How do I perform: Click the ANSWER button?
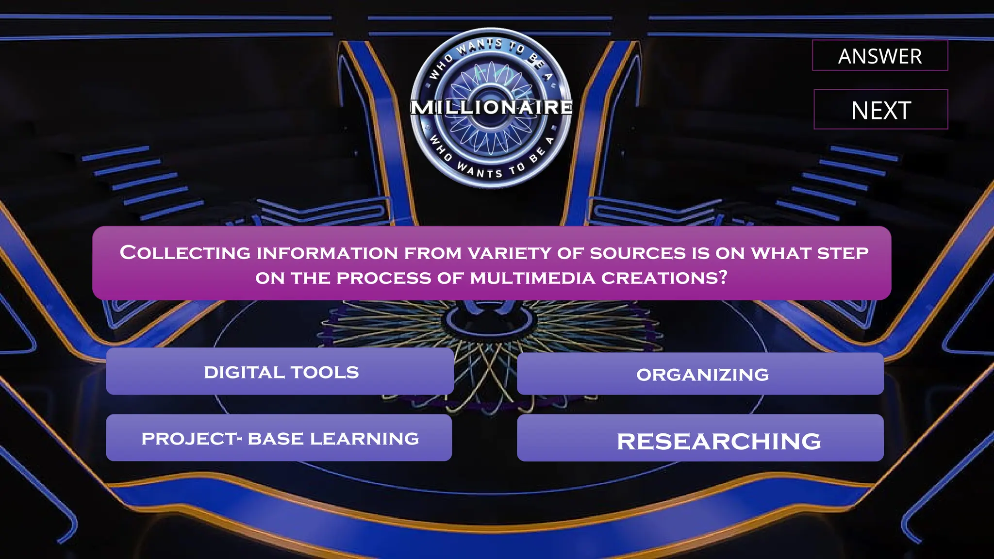coord(880,56)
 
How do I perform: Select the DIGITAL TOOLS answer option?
coord(280,372)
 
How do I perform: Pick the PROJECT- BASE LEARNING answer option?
coord(279,438)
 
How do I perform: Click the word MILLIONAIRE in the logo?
coord(491,107)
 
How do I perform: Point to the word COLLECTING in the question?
coord(185,253)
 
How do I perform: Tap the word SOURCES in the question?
coord(638,253)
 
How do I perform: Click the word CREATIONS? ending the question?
coord(664,278)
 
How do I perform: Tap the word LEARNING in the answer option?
coord(364,439)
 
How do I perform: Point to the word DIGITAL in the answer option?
coord(244,372)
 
